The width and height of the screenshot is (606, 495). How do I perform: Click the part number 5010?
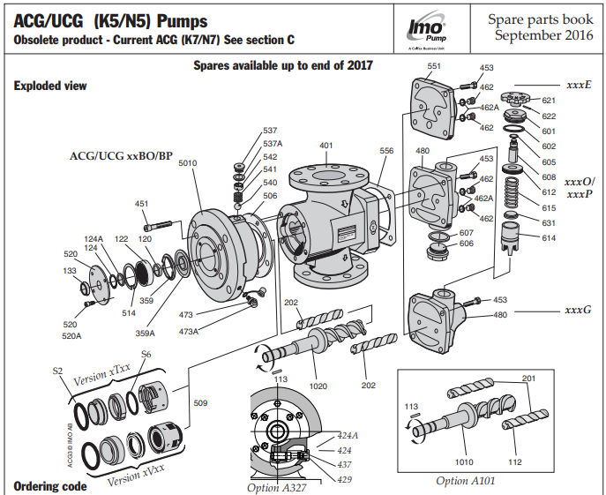[188, 163]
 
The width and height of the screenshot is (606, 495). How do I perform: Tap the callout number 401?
[326, 145]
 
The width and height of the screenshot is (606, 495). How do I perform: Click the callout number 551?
[433, 66]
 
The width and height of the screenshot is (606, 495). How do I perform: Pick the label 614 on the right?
[548, 238]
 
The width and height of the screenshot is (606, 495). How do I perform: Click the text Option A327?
[276, 486]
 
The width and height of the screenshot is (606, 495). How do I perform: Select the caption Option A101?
[466, 481]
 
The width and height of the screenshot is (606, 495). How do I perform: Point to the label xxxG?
[578, 311]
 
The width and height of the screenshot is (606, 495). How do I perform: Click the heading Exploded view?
[50, 86]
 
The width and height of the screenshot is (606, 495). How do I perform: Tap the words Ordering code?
[50, 486]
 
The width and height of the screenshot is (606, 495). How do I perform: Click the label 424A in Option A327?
[348, 436]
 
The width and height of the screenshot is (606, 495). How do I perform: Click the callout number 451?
[141, 204]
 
